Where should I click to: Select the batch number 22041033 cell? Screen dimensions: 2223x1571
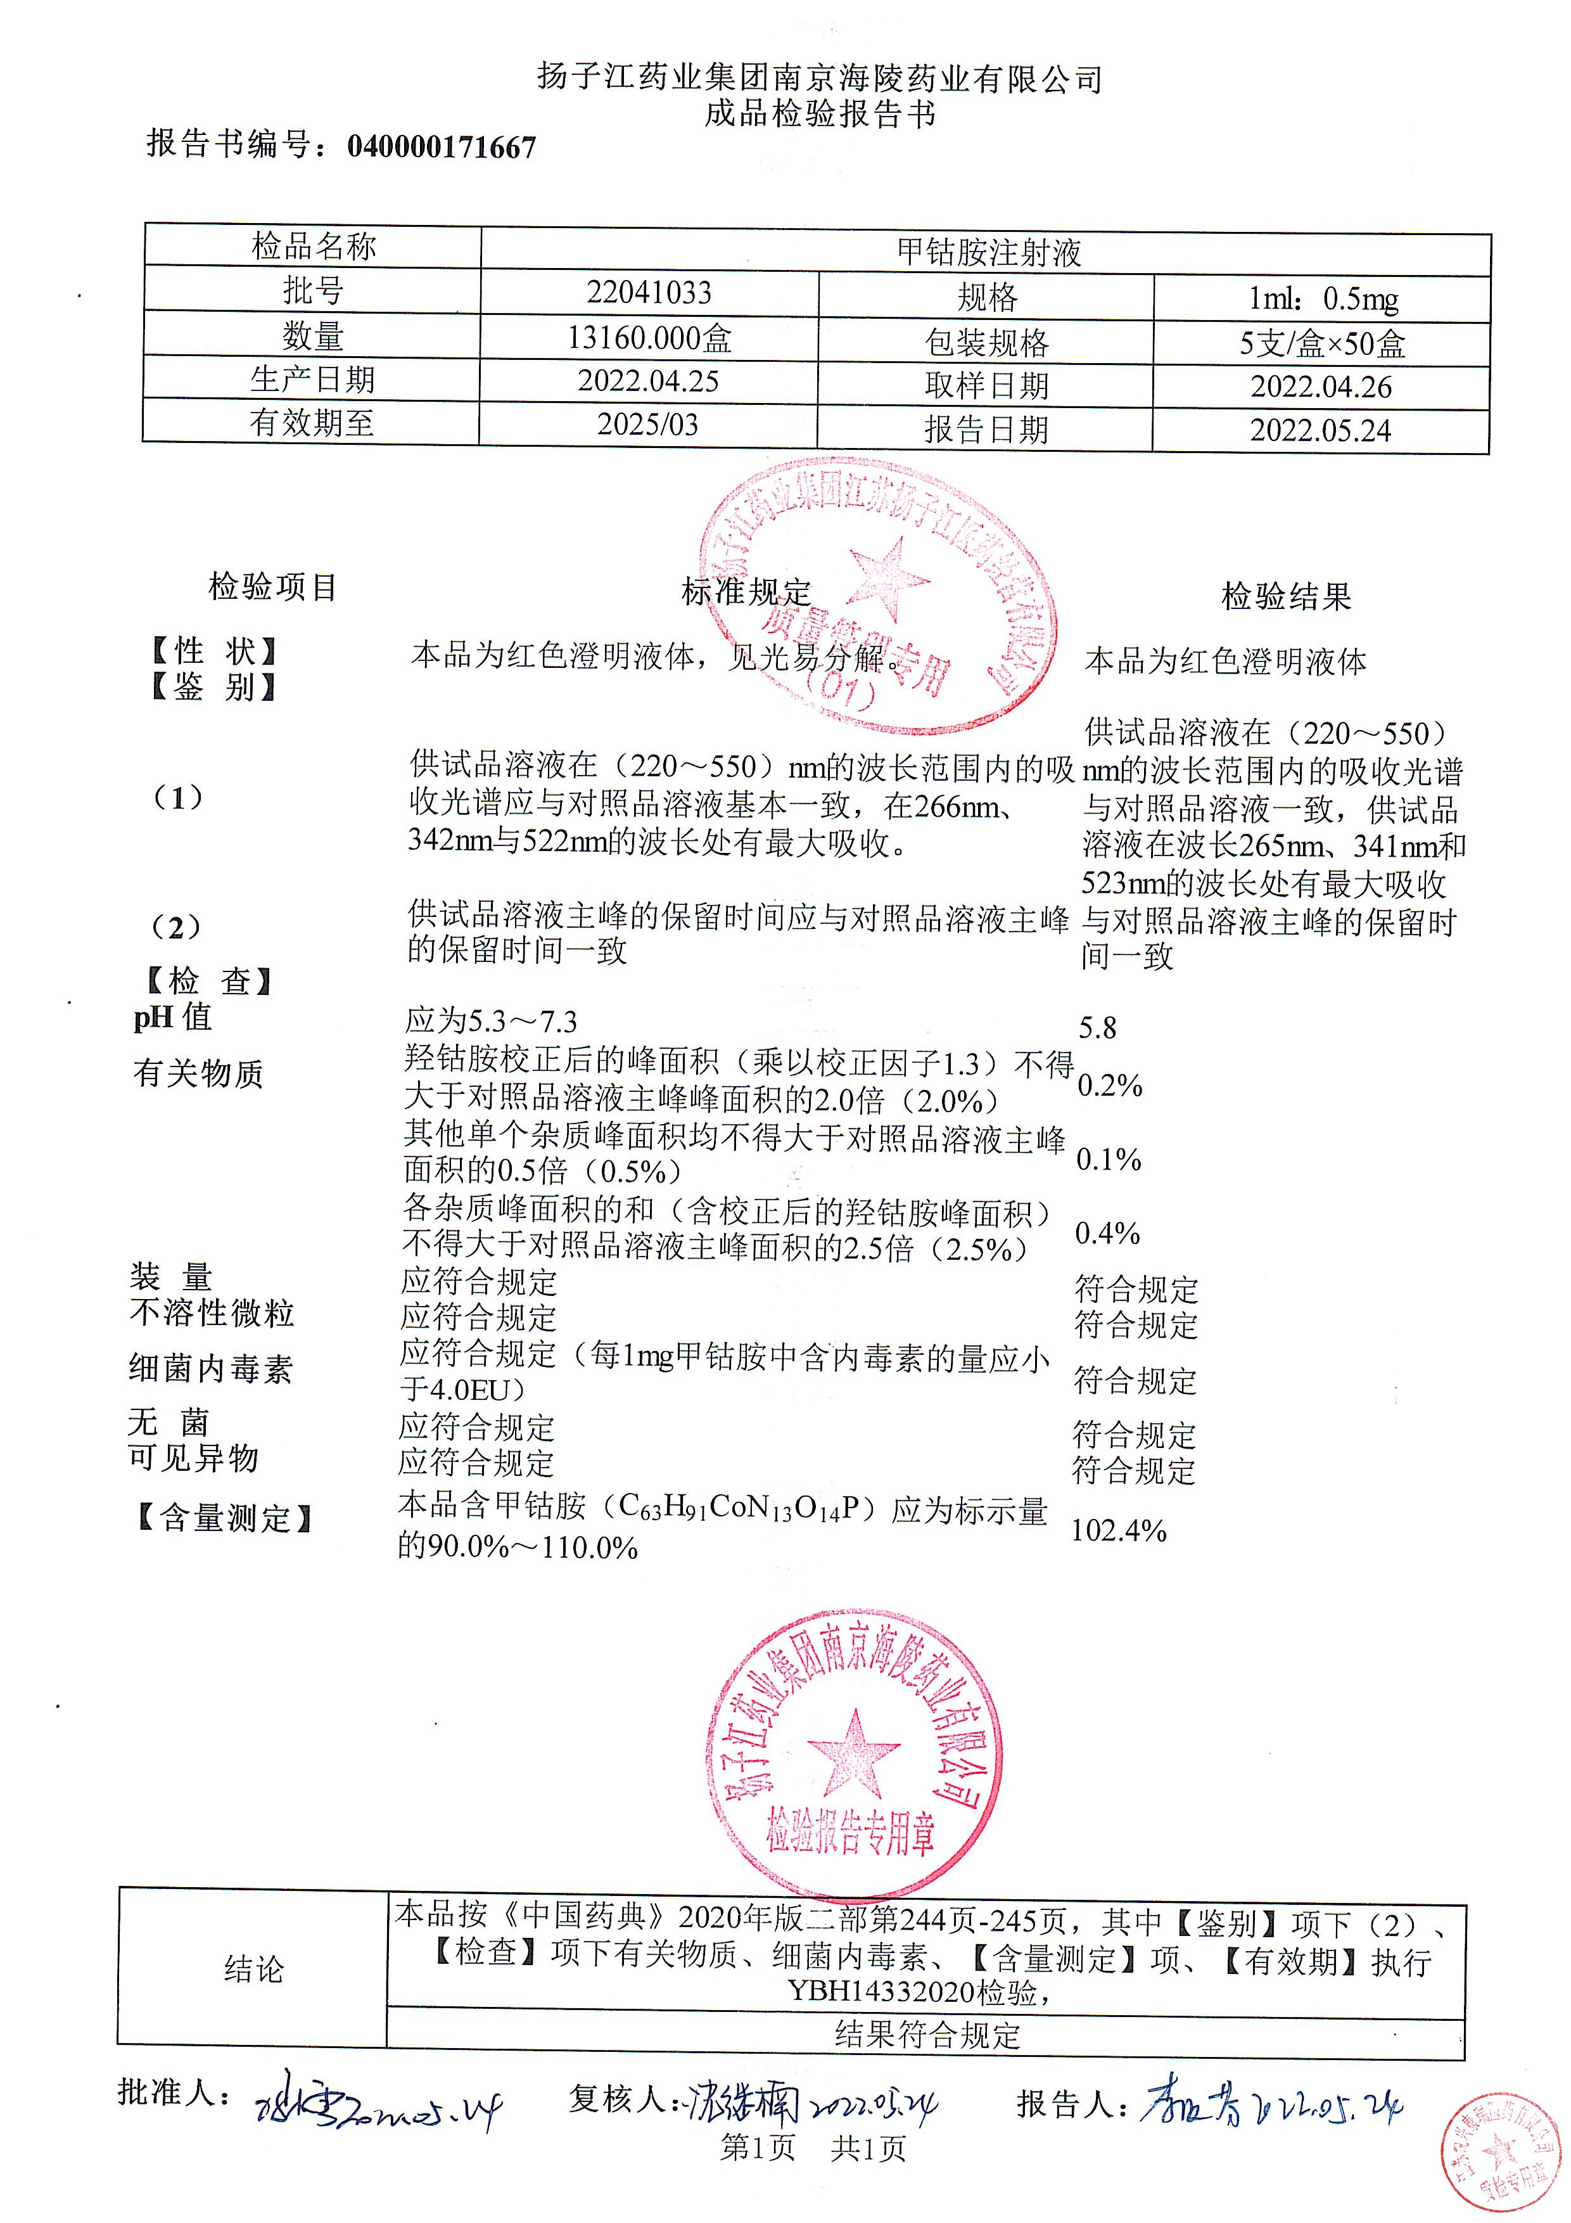pos(649,292)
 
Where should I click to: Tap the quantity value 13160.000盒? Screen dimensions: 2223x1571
pos(649,338)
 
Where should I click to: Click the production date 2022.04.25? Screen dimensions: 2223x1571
pos(649,380)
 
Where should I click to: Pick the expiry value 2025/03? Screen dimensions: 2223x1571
pos(647,424)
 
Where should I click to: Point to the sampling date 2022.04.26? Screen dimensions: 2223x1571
pos(1320,387)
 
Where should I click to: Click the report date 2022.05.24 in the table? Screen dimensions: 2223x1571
pos(1320,430)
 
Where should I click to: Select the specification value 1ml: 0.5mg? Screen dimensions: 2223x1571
pos(1322,299)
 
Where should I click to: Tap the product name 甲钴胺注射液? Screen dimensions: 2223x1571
pos(988,253)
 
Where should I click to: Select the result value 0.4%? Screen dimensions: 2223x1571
pos(1107,1233)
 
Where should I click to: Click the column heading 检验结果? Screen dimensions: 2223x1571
pos(1285,596)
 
